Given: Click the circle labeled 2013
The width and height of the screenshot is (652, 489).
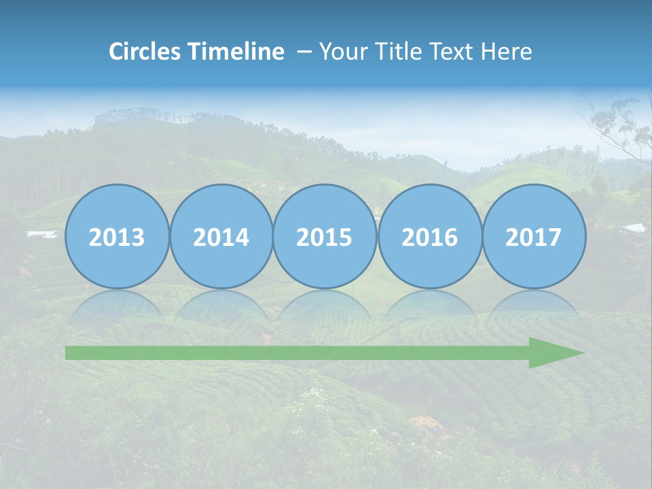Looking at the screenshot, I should tap(117, 236).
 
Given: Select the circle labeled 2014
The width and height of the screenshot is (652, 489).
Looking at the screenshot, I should tap(221, 236).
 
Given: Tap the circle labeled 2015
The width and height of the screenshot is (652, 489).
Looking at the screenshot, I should tap(325, 236).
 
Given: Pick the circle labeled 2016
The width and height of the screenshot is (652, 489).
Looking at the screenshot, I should tap(429, 236).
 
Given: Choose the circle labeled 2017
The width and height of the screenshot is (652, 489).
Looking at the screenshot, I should tap(534, 236).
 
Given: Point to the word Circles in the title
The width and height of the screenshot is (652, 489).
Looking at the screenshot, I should tap(145, 52).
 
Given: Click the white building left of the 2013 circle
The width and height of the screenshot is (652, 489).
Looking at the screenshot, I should tap(42, 234).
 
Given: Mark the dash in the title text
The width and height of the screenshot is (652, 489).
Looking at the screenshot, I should tap(304, 52).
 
